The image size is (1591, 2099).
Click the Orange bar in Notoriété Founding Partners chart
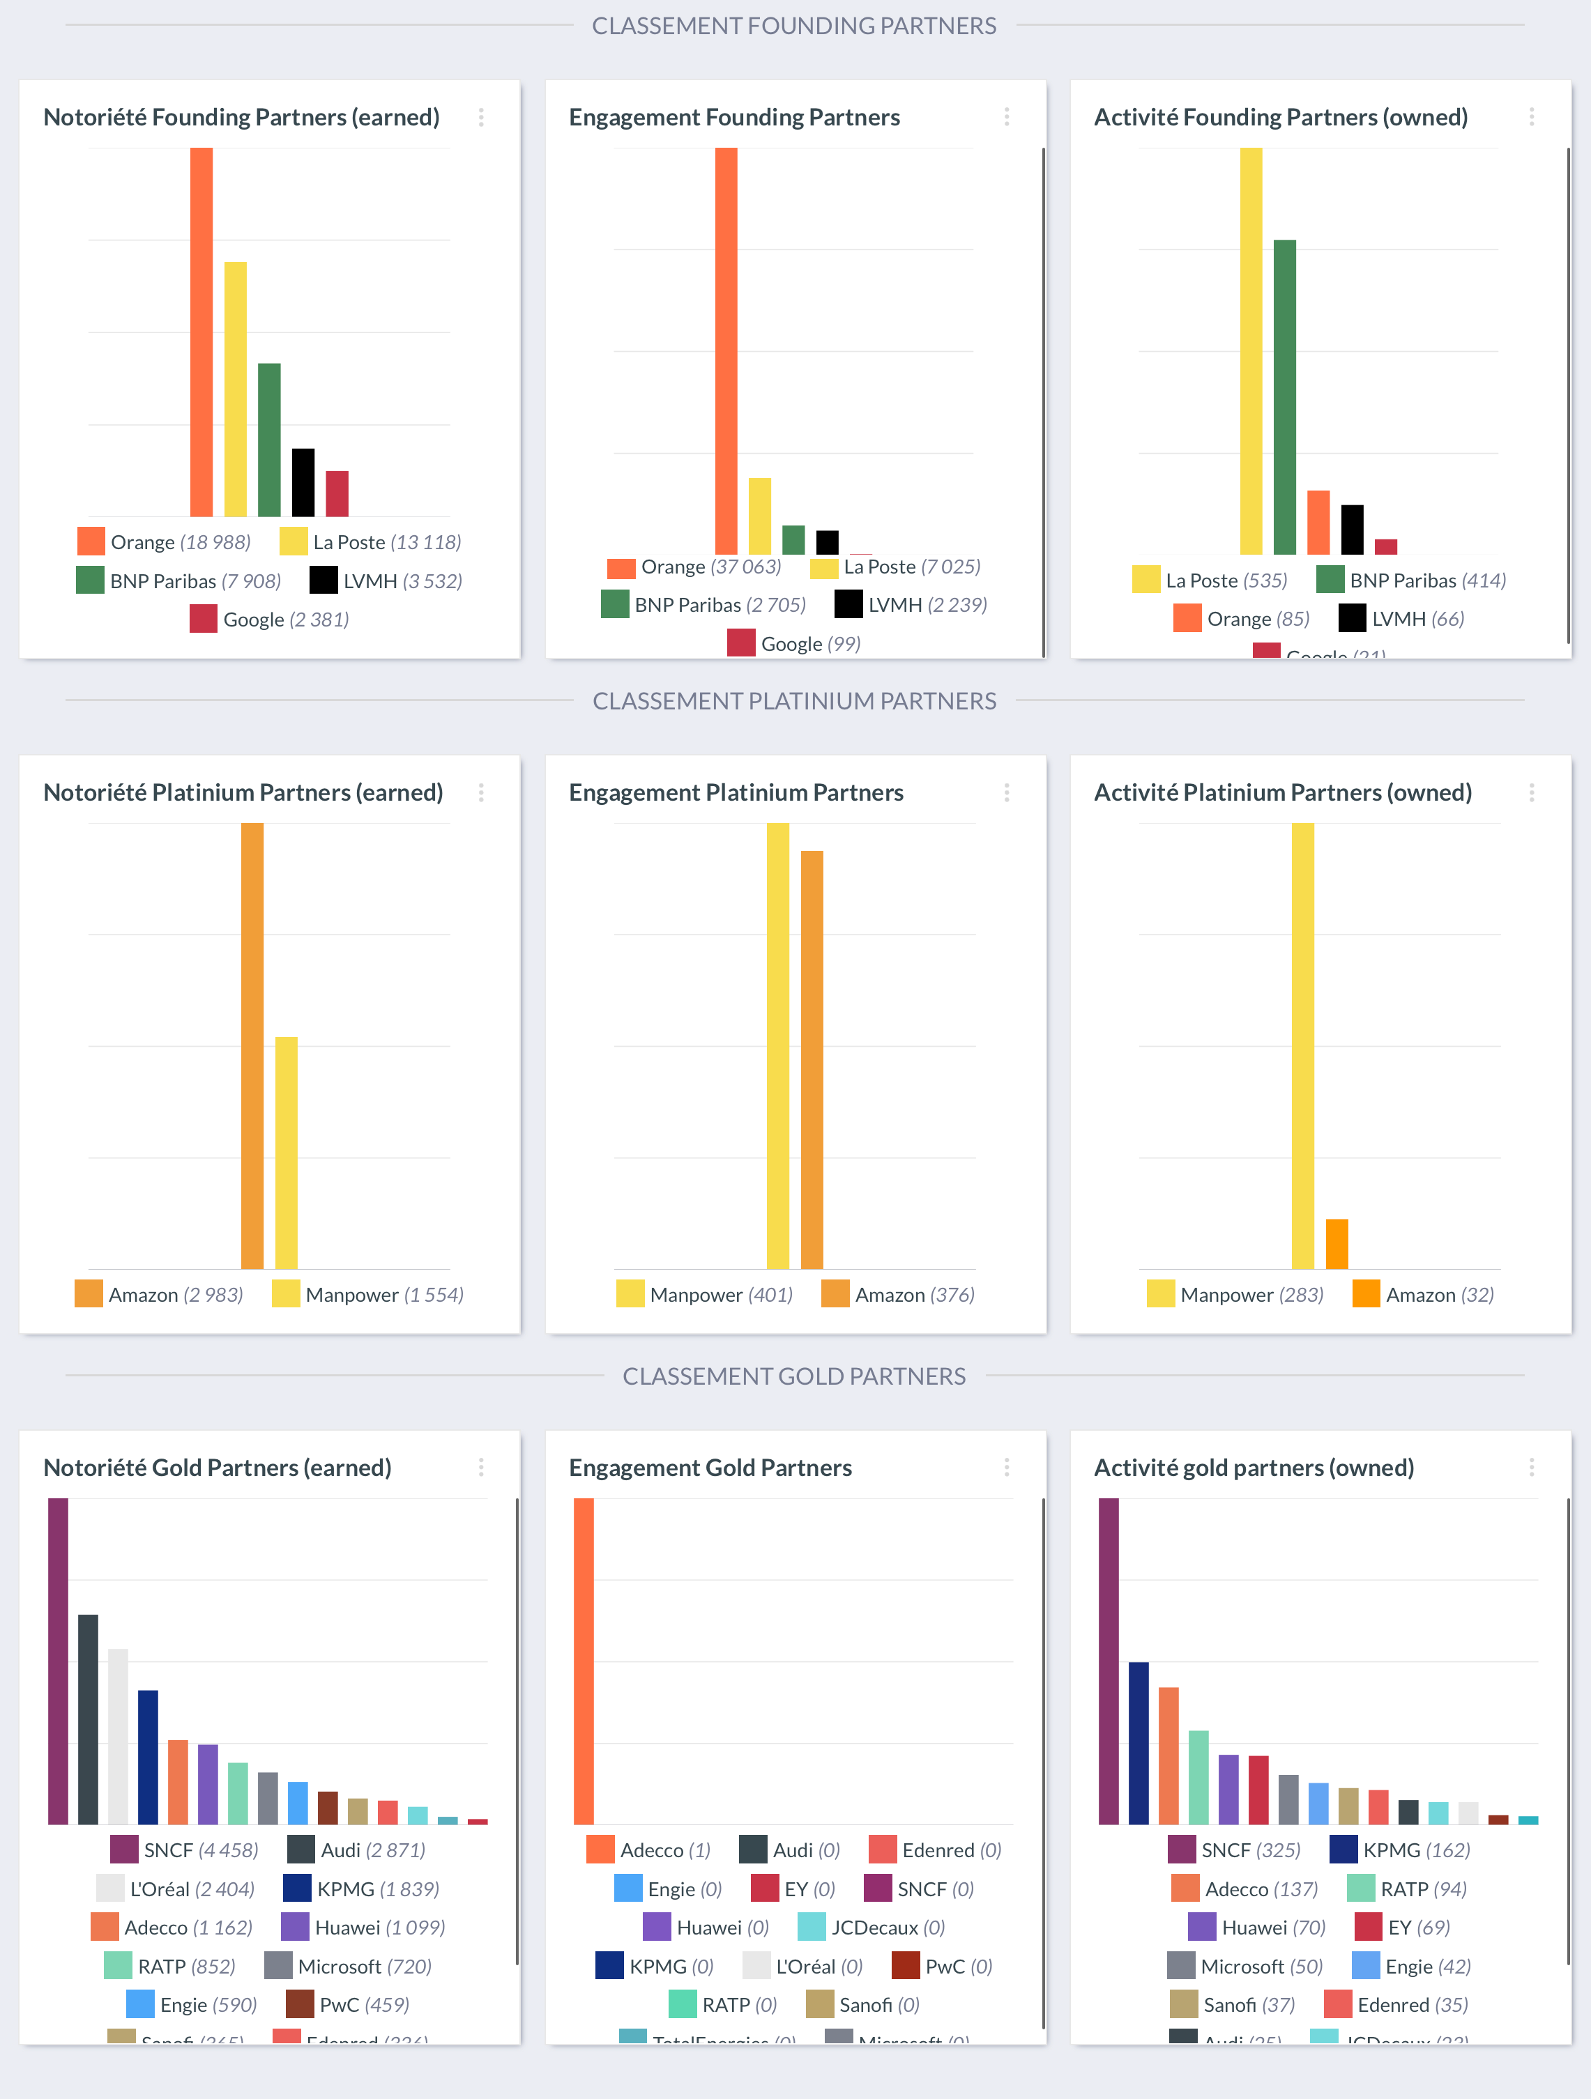(x=201, y=332)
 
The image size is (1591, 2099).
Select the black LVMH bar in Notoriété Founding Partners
(x=303, y=482)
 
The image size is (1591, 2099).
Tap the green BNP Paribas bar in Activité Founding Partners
(x=1284, y=397)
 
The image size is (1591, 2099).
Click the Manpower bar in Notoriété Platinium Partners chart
(x=286, y=1152)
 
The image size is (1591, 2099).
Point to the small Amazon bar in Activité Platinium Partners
(x=1337, y=1243)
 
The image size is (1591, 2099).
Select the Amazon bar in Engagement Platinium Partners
(x=812, y=1059)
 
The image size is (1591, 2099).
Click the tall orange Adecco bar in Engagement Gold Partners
(x=584, y=1661)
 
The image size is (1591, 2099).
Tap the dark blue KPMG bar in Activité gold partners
(x=1139, y=1742)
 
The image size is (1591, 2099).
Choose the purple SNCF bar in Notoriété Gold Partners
(x=58, y=1661)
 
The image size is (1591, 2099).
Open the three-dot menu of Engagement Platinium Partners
(x=1006, y=792)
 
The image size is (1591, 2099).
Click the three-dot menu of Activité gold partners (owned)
(x=1531, y=1467)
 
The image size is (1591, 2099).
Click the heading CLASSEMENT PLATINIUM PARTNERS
(x=795, y=701)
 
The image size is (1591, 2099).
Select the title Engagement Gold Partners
(x=710, y=1467)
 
